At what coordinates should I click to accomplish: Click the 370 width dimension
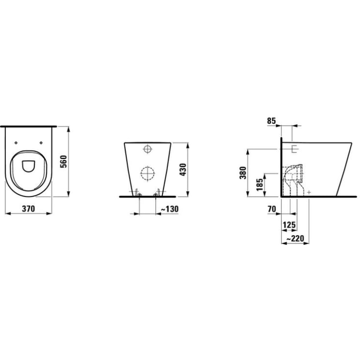point(28,209)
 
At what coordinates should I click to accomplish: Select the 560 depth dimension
point(63,161)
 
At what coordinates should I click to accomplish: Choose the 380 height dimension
point(242,172)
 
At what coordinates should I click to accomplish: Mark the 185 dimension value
point(259,185)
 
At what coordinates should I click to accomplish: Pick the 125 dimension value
point(289,225)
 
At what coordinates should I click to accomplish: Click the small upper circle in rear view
point(147,148)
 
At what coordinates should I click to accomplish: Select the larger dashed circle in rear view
point(147,173)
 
